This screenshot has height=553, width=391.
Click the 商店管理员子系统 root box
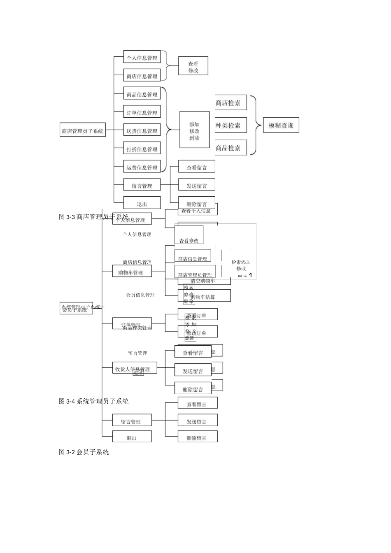point(82,131)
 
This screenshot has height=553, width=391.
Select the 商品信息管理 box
point(142,94)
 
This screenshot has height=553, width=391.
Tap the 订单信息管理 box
point(142,113)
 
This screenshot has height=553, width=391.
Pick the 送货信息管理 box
point(142,131)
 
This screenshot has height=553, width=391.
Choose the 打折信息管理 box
point(142,149)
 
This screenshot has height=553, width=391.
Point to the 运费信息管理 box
point(142,167)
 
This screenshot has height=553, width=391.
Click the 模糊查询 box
point(281,125)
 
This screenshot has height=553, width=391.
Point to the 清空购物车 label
point(203,281)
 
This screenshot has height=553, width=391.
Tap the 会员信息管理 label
point(140,295)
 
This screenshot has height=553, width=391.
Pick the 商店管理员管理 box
point(195,274)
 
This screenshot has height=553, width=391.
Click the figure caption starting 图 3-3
point(93,217)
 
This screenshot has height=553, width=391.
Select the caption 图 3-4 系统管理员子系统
point(93,401)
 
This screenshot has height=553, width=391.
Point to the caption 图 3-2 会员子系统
point(84,452)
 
